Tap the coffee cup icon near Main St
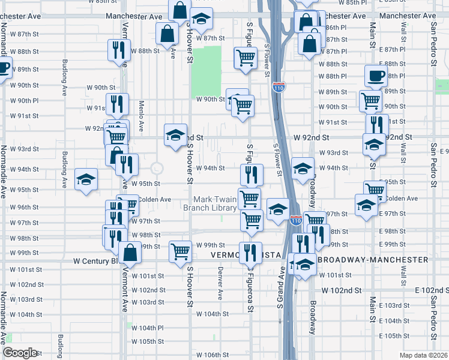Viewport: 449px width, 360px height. point(376,76)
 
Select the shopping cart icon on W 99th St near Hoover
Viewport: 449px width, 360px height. point(180,252)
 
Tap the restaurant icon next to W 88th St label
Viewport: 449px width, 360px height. point(118,50)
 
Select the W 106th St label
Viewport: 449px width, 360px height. point(212,355)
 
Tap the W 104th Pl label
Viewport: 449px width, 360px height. point(148,328)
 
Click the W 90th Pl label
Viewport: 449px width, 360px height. point(24,101)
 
